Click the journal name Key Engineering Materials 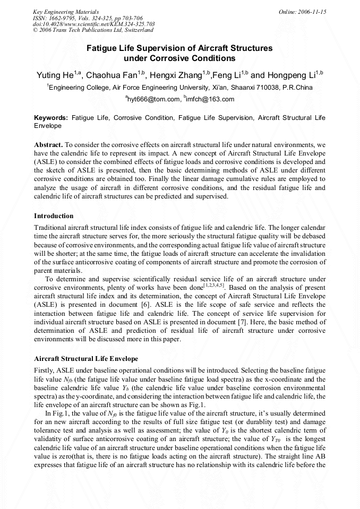66,11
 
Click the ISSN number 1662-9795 62,18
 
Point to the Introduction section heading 54,216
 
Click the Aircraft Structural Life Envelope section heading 86,359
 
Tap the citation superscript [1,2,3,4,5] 215,285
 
